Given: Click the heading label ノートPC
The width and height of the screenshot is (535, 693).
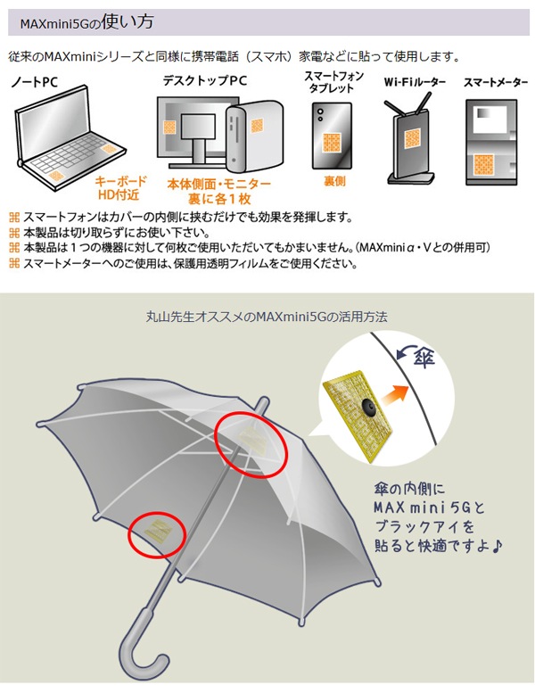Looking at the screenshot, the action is tap(35, 82).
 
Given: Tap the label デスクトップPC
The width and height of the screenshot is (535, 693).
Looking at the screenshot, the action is tap(205, 81).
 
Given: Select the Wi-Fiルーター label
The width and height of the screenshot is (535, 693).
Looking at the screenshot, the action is tap(415, 82).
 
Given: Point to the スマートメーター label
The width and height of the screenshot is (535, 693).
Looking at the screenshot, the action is tap(495, 83).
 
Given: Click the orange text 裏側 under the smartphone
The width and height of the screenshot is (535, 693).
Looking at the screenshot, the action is tap(334, 181).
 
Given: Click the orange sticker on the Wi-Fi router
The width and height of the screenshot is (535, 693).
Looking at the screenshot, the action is tap(412, 138).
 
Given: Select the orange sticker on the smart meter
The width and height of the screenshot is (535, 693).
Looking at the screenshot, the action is tap(484, 164).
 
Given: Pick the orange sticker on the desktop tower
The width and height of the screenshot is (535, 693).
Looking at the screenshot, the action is tap(257, 126).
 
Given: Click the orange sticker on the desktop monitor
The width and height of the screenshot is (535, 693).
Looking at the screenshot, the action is tap(169, 128).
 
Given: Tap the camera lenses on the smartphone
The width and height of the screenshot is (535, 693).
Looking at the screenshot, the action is tap(319, 114).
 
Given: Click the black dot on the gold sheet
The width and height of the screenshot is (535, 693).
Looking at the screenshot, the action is tap(367, 405).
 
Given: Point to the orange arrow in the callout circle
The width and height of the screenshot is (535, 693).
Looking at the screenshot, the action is tap(395, 395).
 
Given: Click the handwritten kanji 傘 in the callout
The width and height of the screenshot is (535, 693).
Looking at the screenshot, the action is tap(424, 357).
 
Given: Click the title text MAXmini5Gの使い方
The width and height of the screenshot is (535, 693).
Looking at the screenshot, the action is tap(86, 22).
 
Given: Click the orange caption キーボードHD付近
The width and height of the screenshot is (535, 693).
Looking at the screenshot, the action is tap(120, 188).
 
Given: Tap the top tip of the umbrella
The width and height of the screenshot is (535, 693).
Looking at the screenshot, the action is tap(264, 400).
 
